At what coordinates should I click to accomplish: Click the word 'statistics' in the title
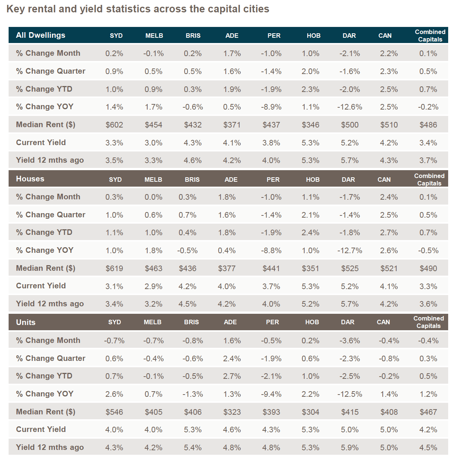(x=128, y=9)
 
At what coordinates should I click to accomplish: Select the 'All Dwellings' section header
(x=40, y=35)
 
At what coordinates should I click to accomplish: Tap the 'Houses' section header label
(x=30, y=179)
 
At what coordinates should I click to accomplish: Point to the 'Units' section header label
(x=26, y=322)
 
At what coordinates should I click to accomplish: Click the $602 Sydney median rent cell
(x=114, y=125)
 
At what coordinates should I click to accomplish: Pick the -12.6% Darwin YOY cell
(x=349, y=107)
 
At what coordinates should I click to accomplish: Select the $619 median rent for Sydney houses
(x=114, y=268)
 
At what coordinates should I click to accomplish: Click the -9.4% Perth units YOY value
(x=271, y=394)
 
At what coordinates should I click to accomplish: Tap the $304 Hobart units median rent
(x=311, y=412)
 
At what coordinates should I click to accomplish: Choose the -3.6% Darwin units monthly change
(x=349, y=340)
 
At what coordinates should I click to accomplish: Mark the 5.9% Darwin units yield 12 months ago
(x=349, y=448)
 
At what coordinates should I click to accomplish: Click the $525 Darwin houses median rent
(x=350, y=268)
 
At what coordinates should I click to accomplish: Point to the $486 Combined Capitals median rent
(x=428, y=125)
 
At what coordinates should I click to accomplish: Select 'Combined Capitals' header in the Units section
(x=429, y=322)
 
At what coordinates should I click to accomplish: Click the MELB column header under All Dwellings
(x=154, y=36)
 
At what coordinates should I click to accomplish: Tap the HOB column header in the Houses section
(x=312, y=180)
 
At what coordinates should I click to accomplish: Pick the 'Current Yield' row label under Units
(x=41, y=429)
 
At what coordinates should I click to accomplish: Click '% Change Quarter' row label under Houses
(x=50, y=215)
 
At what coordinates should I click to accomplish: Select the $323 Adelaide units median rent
(x=232, y=412)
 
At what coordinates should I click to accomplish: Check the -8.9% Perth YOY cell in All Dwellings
(x=271, y=107)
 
